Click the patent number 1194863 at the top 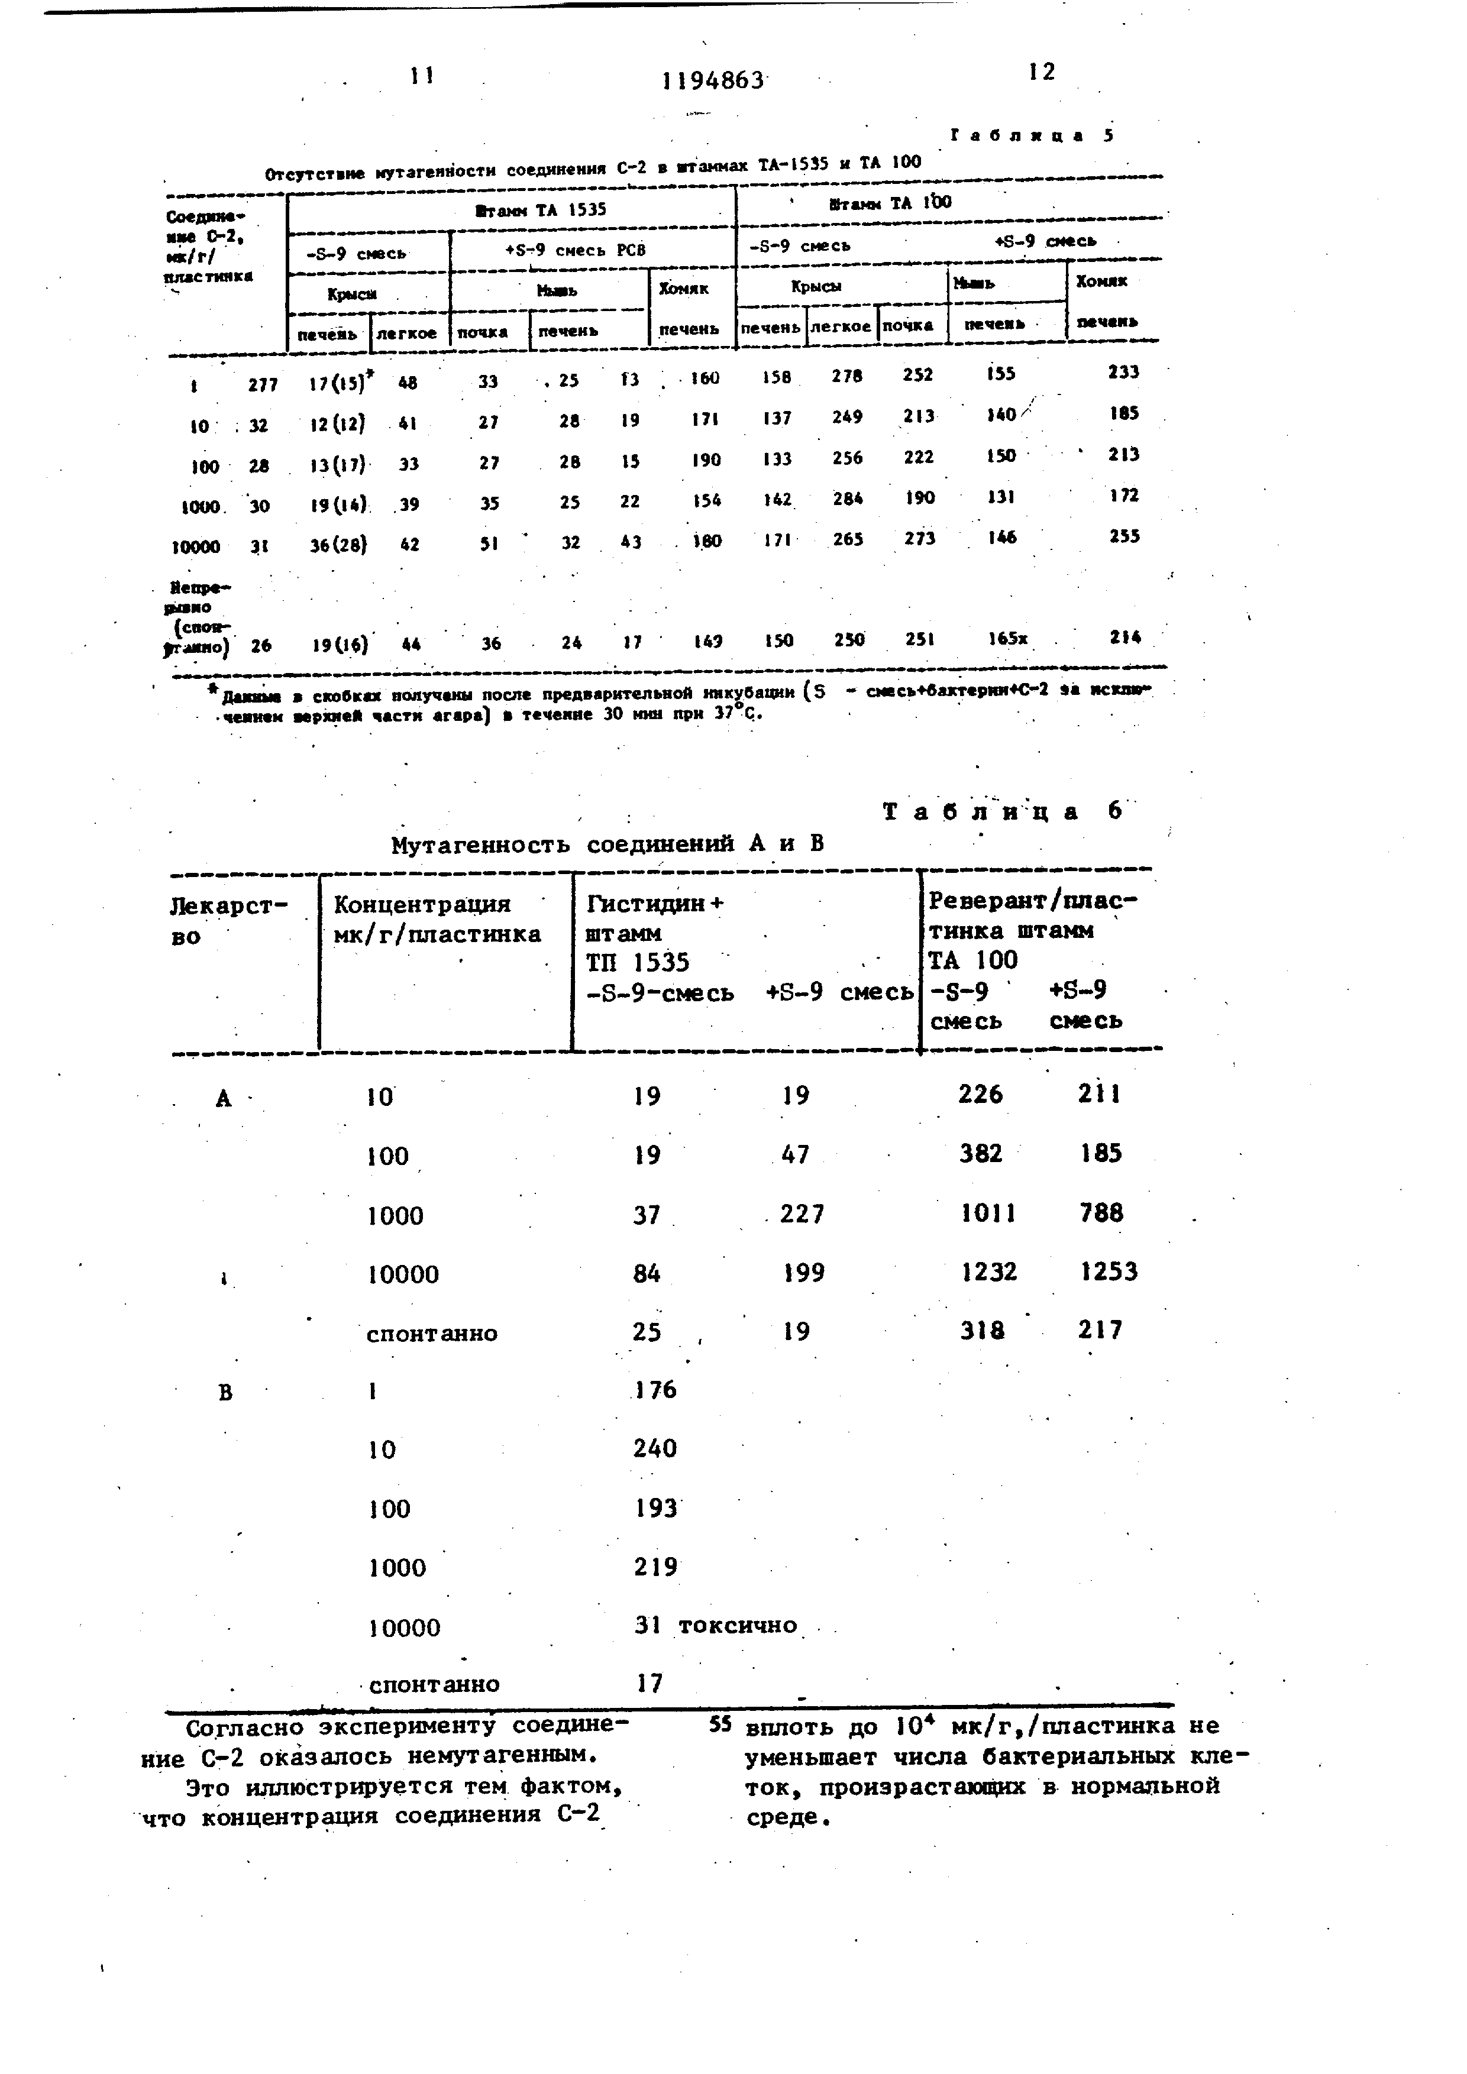713,81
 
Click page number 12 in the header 1042,72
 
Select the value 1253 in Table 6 1109,1272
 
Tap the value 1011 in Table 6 988,1213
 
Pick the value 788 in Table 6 1101,1212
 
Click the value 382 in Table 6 981,1154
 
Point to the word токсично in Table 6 738,1626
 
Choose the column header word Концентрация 422,904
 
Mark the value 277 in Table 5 263,385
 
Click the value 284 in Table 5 847,498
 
